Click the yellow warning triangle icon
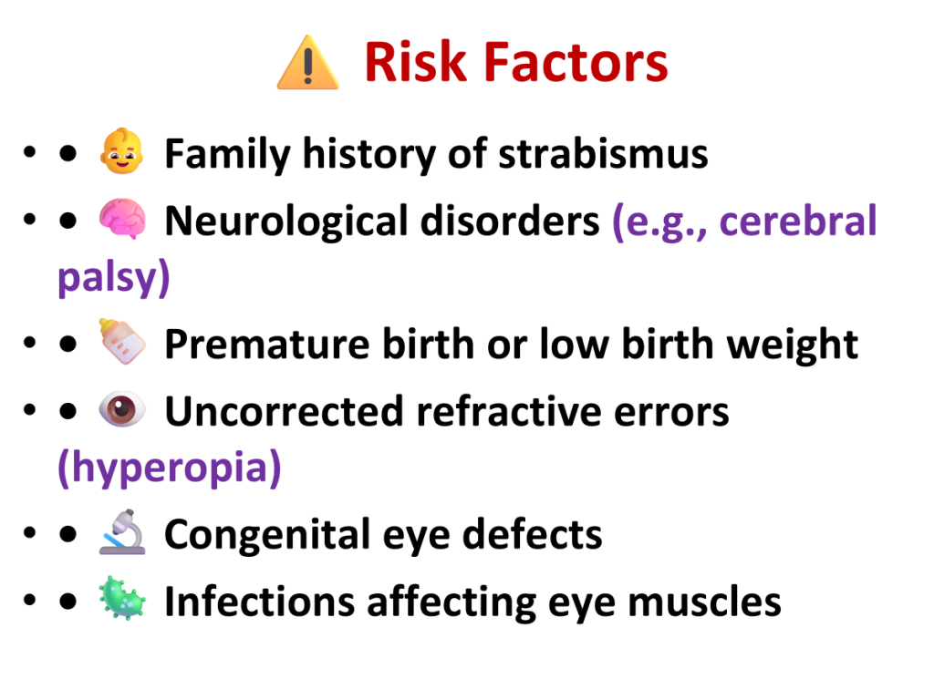click(308, 63)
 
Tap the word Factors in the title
click(576, 62)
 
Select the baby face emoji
click(121, 151)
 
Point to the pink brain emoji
click(122, 219)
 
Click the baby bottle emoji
click(122, 341)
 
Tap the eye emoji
click(122, 409)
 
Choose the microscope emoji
click(122, 532)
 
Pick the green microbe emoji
click(122, 598)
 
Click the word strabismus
click(603, 153)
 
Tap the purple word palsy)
click(114, 278)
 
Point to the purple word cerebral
click(797, 221)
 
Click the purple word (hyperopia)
click(170, 468)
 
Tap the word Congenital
click(267, 534)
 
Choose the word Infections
click(260, 602)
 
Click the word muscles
click(705, 602)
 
